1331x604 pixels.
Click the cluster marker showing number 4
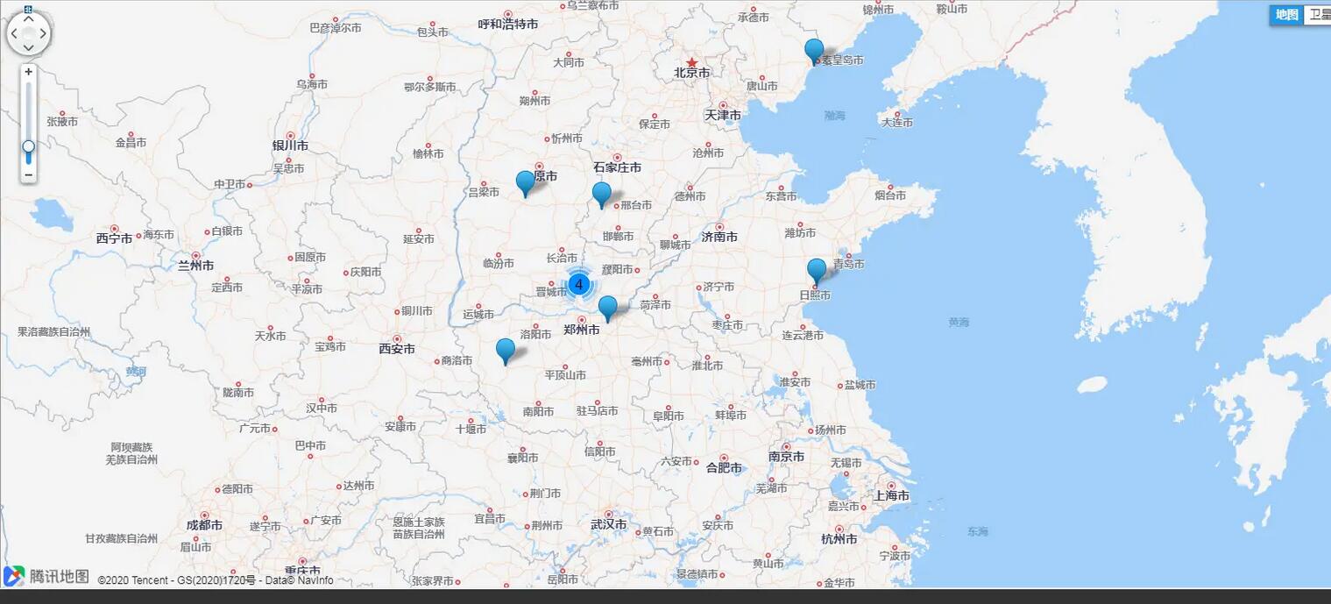coord(578,284)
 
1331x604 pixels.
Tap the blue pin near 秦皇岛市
coord(814,50)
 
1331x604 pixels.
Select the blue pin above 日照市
coord(816,270)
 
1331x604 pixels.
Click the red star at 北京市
coord(692,62)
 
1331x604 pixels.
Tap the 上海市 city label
coord(890,496)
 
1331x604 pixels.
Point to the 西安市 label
coord(397,349)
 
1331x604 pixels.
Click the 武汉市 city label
coord(608,524)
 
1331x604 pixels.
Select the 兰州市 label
coord(196,265)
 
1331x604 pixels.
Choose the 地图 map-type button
coord(1286,14)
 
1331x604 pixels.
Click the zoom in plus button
coord(29,72)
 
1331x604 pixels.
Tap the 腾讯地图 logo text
coord(60,576)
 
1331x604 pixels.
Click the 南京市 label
coord(786,457)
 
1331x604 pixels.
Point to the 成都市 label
coord(204,525)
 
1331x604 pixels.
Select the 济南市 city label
coord(719,237)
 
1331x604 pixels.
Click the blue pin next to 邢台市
coord(601,193)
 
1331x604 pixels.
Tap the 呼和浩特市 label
coord(508,25)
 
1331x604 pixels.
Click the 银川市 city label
coord(290,146)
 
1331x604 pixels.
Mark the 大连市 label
coord(897,123)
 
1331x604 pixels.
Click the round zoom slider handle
coord(29,146)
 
